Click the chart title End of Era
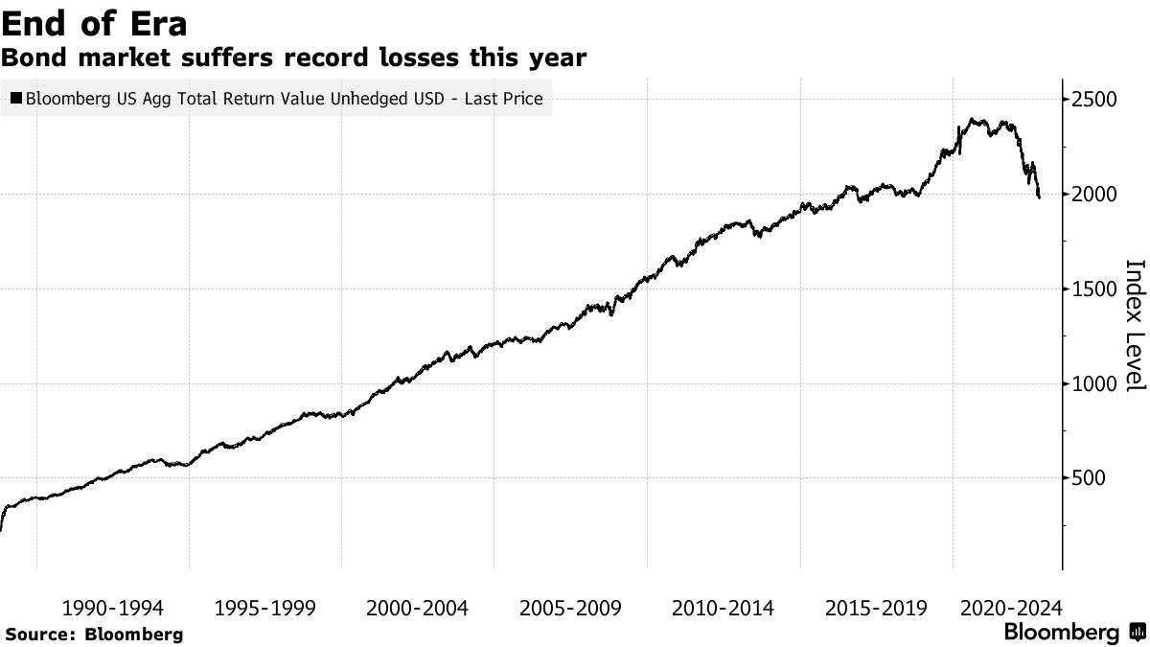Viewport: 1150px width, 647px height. (x=94, y=22)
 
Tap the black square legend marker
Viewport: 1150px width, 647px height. (x=16, y=98)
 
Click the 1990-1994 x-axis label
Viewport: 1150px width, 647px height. (x=112, y=608)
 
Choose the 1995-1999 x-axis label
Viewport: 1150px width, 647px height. (x=265, y=608)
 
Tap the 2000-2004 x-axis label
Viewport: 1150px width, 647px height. (x=418, y=608)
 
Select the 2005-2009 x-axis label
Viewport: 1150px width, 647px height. (x=570, y=608)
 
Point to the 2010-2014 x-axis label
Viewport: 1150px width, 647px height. (x=724, y=608)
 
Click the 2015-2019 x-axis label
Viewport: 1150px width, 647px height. (x=876, y=608)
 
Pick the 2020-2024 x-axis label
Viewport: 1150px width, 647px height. (x=1011, y=608)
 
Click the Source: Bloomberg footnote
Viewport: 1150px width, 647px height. (x=93, y=635)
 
